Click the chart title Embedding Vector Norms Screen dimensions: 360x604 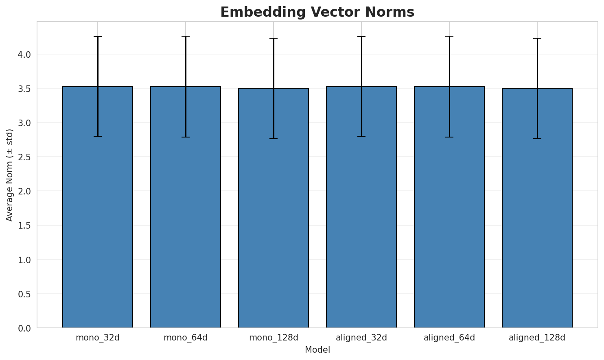(317, 12)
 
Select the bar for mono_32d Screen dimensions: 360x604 (98, 207)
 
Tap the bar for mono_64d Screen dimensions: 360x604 (186, 207)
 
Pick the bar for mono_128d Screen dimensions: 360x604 (274, 208)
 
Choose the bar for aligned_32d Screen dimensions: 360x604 (361, 207)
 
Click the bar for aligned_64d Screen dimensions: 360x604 (449, 207)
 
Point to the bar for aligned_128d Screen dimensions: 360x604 (537, 208)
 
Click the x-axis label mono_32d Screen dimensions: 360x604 (98, 338)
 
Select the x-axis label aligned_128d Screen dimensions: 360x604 (537, 338)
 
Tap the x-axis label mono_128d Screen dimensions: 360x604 (274, 338)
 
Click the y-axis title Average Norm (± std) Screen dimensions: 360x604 (10, 175)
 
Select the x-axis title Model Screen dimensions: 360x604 (317, 350)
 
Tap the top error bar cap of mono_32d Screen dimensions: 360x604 (98, 37)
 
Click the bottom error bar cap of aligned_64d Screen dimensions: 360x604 (449, 137)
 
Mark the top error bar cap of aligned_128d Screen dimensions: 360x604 (537, 38)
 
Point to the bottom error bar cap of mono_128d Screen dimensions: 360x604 (274, 139)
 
